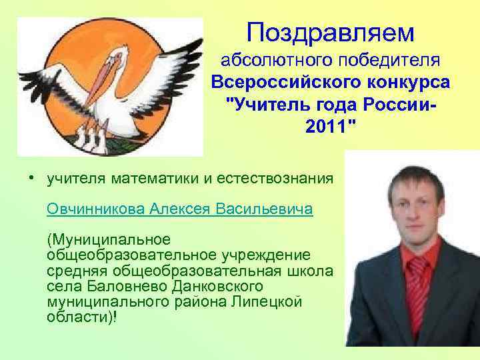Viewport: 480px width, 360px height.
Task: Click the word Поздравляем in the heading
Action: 329,31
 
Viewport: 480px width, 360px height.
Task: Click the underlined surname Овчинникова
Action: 96,209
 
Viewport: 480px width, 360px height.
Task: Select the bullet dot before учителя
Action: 31,178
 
